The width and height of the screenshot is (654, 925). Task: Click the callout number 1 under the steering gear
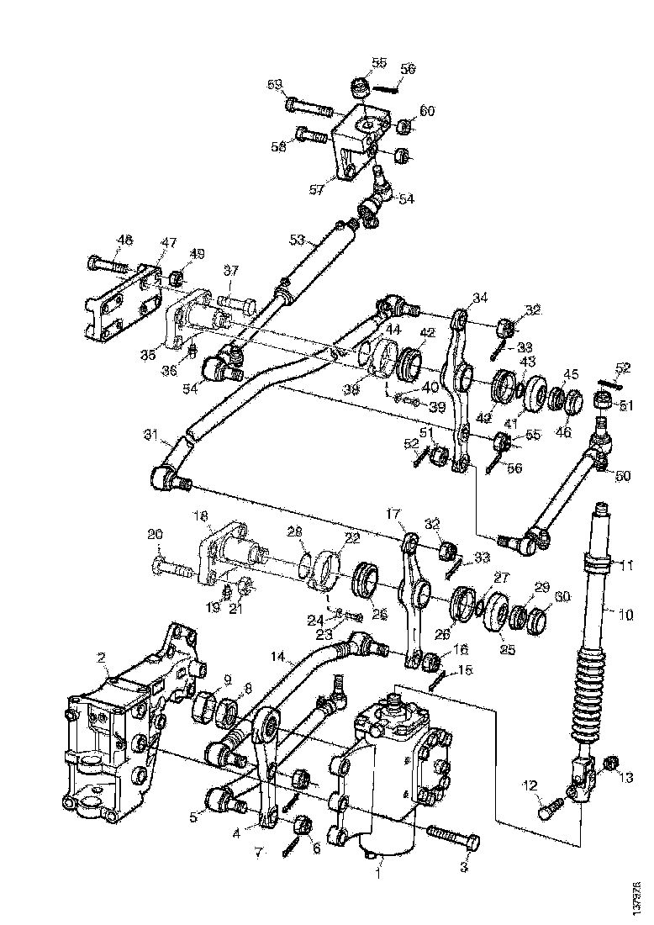[x=378, y=875]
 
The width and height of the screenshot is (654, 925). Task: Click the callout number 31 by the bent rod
[x=150, y=434]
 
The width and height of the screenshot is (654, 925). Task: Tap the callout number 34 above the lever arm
[x=479, y=298]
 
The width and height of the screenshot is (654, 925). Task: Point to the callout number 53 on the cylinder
[x=296, y=240]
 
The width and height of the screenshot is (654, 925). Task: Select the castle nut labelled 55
[x=361, y=88]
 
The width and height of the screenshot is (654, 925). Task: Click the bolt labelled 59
[x=309, y=107]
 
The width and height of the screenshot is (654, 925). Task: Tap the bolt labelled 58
[x=313, y=135]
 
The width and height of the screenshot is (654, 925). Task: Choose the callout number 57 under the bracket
[x=316, y=190]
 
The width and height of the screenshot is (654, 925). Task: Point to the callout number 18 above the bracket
[x=201, y=515]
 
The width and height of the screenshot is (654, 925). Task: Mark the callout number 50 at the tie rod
[x=623, y=477]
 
